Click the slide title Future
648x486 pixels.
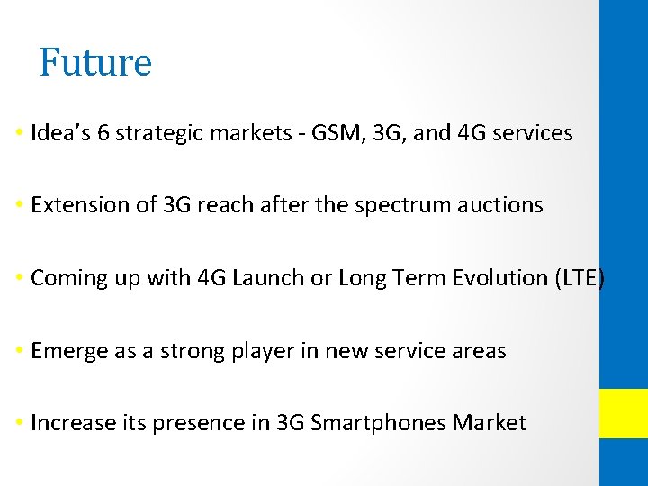pyautogui.click(x=95, y=63)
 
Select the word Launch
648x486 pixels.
pyautogui.click(x=267, y=278)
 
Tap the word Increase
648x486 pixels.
pyautogui.click(x=67, y=423)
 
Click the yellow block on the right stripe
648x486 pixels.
pyautogui.click(x=624, y=413)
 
